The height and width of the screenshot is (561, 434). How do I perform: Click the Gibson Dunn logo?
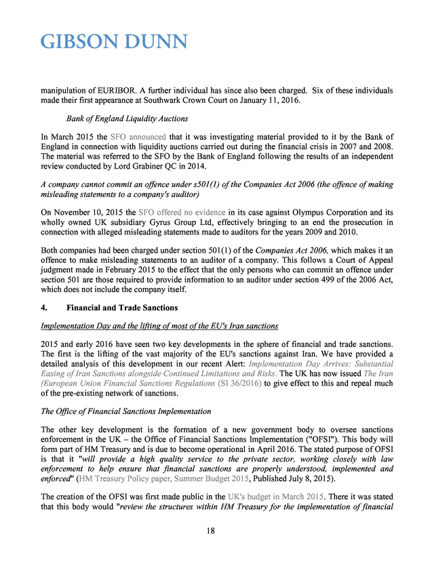click(x=113, y=42)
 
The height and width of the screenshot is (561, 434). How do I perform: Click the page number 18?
click(x=211, y=531)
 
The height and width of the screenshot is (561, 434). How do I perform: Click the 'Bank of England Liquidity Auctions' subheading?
click(x=118, y=119)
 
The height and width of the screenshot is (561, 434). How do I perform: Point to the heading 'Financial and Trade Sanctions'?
click(x=117, y=308)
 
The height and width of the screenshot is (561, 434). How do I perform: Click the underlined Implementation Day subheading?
click(x=159, y=326)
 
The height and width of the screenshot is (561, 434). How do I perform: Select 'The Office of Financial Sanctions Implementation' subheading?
click(x=125, y=411)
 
